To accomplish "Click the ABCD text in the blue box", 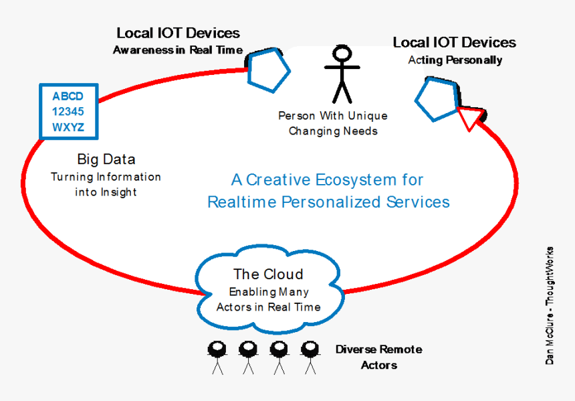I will click(x=68, y=96).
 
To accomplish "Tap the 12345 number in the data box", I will click(x=68, y=112).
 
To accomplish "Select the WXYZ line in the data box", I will click(x=68, y=127).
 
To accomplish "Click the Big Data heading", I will click(x=106, y=159).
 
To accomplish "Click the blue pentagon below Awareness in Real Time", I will click(x=268, y=70).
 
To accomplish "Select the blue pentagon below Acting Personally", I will click(x=437, y=98).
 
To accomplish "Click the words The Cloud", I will click(x=268, y=274).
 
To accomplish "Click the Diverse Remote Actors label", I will click(x=378, y=357).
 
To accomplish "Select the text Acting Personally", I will click(x=455, y=60).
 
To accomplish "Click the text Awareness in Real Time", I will click(x=177, y=50).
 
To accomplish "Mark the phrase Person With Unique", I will click(x=332, y=116).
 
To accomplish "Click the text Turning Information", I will click(x=106, y=177).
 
